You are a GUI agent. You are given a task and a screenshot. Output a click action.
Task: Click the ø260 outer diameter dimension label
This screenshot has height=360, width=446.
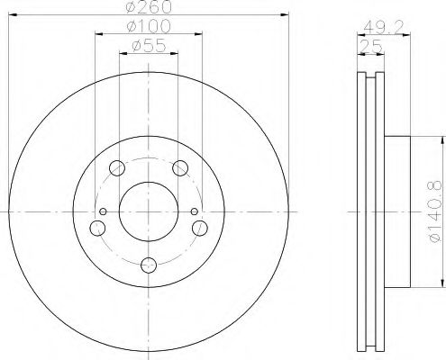point(149,8)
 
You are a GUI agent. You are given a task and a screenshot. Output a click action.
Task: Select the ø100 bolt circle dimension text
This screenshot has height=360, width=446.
point(149,27)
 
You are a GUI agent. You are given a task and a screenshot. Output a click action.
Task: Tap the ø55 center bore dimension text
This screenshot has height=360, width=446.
point(149,45)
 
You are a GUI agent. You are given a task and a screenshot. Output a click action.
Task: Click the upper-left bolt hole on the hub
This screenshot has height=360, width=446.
point(116,167)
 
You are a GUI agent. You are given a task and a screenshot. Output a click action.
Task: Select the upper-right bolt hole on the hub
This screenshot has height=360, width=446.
point(181,167)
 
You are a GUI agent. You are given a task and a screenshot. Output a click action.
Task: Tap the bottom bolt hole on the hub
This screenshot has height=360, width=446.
point(149,265)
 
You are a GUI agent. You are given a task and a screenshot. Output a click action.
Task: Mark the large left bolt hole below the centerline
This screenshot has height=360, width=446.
point(96,227)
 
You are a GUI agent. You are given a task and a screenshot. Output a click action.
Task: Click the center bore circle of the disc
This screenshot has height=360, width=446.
point(149,212)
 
